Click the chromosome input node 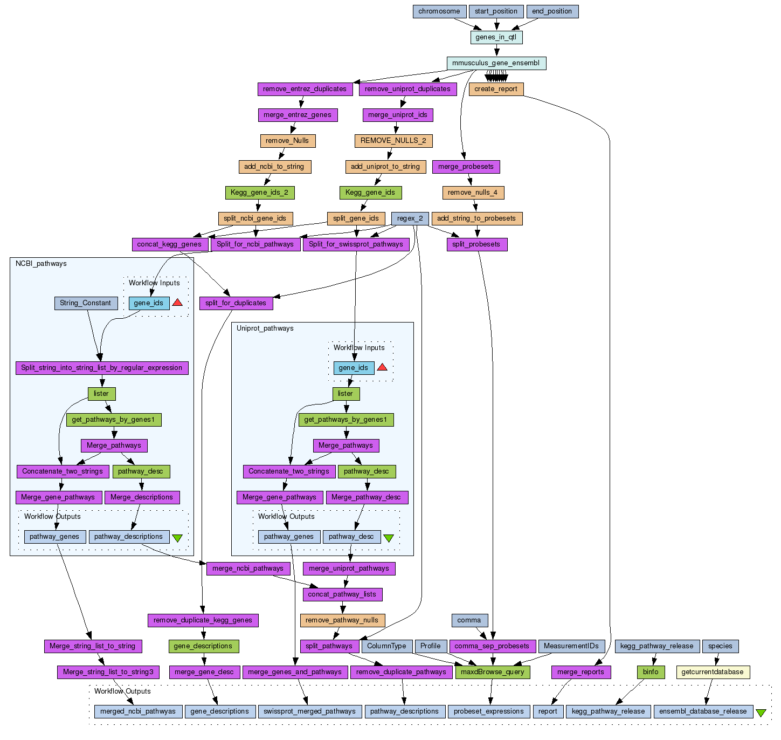point(439,11)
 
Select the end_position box point(552,11)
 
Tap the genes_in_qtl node point(496,37)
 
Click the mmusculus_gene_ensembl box point(496,63)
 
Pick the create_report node point(496,89)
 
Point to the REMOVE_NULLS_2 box point(393,141)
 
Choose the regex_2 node point(410,218)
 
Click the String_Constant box point(85,303)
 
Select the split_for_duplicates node point(236,303)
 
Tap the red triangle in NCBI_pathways point(177,303)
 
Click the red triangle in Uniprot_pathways point(382,367)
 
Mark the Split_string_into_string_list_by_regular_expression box point(102,368)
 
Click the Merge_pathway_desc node point(367,497)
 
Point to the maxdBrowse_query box point(493,672)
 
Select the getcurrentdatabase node point(713,672)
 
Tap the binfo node point(651,672)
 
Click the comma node point(469,620)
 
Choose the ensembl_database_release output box point(703,711)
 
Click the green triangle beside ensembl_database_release point(761,712)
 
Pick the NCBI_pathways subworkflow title point(41,264)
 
